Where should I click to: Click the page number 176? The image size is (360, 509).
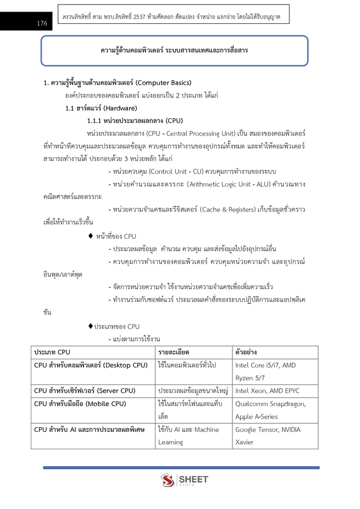click(x=41, y=23)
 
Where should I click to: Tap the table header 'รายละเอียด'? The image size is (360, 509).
click(x=173, y=352)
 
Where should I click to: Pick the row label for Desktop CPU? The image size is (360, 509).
click(x=91, y=365)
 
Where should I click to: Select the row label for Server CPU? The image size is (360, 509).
click(x=85, y=391)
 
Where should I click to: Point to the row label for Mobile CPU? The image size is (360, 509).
click(x=80, y=403)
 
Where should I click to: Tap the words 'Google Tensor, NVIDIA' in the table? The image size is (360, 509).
click(x=267, y=430)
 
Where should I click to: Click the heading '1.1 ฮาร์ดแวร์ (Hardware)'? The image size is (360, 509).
click(x=101, y=108)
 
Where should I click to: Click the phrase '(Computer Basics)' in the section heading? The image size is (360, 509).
click(x=155, y=82)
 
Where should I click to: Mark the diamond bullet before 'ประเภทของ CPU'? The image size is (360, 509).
click(x=90, y=326)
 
